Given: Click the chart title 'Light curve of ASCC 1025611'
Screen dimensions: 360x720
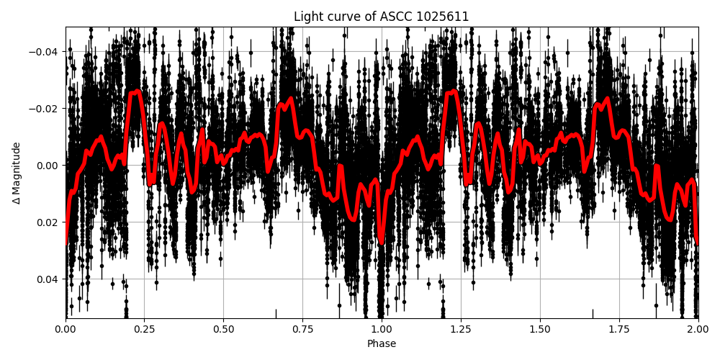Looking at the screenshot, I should (x=382, y=17).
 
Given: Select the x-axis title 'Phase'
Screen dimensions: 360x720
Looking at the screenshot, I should (x=382, y=344).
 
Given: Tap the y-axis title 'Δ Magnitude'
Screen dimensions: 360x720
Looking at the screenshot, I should (x=17, y=173).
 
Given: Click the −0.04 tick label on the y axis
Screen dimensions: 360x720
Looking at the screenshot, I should (x=45, y=51).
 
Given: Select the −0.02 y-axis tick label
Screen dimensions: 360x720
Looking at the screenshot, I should (x=45, y=108).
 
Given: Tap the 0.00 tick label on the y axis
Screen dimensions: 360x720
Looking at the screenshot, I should (x=48, y=165).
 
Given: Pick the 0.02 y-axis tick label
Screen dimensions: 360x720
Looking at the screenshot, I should (x=48, y=222).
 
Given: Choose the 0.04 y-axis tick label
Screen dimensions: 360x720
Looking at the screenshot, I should (x=48, y=279).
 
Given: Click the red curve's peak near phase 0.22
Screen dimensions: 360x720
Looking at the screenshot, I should (x=137, y=91).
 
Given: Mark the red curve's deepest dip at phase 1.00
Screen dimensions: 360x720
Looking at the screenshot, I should (x=381, y=243).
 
